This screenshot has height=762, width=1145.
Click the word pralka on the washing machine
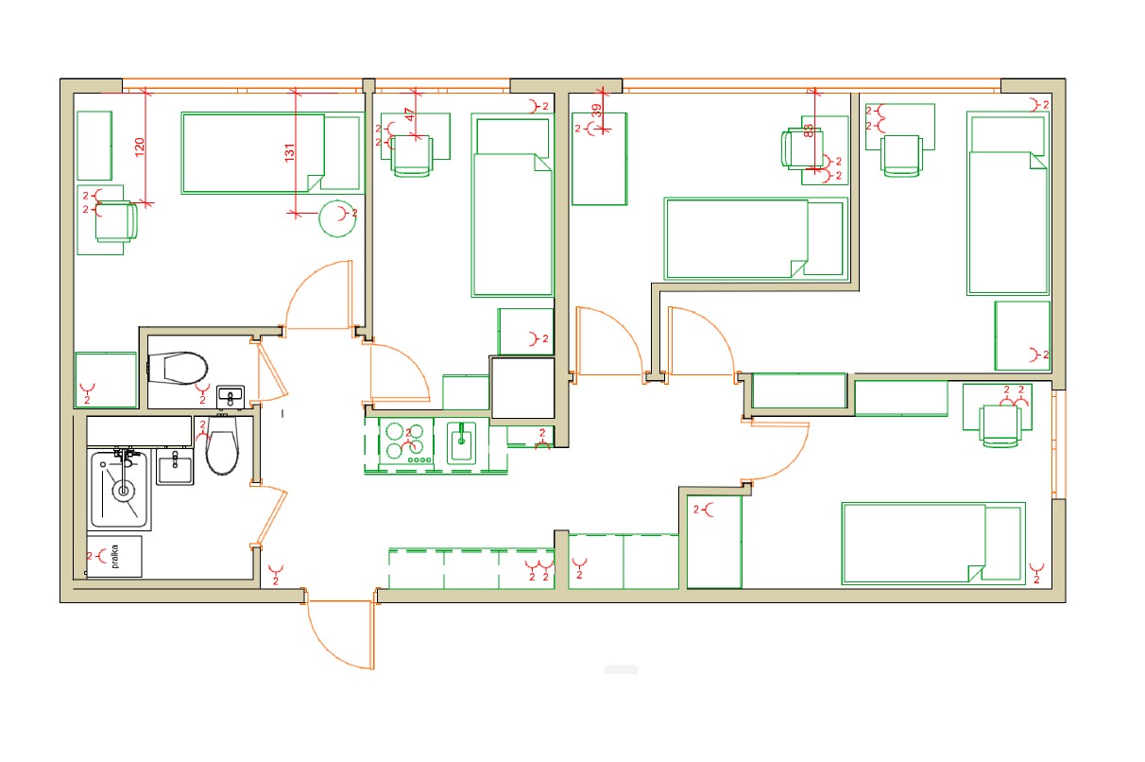click(x=115, y=557)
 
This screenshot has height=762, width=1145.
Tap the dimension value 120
click(x=140, y=147)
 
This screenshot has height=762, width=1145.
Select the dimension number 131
click(x=290, y=153)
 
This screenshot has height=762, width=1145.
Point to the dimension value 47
click(x=409, y=114)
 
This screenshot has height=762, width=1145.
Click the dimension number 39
click(x=596, y=111)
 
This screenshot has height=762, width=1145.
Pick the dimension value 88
click(x=809, y=130)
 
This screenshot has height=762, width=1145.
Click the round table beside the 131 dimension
click(x=337, y=218)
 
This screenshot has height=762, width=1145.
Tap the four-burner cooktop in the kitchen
click(x=406, y=442)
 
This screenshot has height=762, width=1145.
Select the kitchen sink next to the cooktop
click(x=462, y=442)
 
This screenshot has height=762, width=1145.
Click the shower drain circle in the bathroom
click(x=123, y=491)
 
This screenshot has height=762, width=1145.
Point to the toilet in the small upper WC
click(x=178, y=368)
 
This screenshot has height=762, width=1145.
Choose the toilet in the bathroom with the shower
click(x=222, y=445)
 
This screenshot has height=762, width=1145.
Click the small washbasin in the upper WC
click(x=231, y=397)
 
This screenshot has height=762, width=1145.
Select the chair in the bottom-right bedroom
click(x=1000, y=426)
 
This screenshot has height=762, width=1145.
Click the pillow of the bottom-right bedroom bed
click(x=1003, y=543)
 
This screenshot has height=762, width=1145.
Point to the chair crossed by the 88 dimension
click(x=802, y=148)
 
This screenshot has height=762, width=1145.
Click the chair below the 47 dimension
click(x=412, y=155)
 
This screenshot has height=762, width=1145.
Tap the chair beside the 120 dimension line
click(x=116, y=221)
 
